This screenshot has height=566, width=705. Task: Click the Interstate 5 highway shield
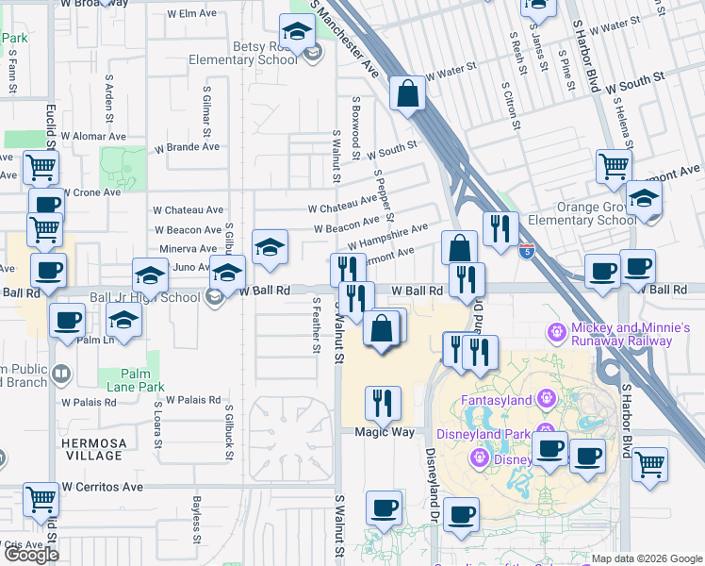[x=526, y=251]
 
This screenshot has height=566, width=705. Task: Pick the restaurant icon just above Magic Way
[x=383, y=404]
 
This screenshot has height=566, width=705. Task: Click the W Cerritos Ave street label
[x=102, y=488]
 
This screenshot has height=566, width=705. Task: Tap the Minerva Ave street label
[x=188, y=248]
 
